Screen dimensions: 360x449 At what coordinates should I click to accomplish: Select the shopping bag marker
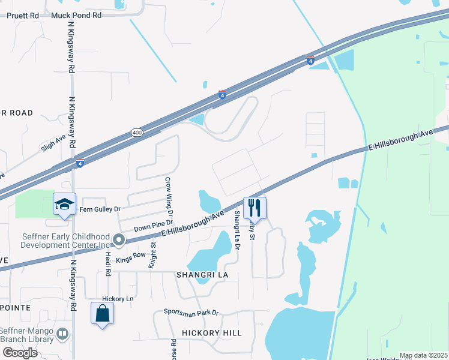[102, 313]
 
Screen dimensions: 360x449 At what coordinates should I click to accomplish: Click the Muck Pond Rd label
[76, 15]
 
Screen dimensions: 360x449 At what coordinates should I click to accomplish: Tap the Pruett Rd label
[22, 15]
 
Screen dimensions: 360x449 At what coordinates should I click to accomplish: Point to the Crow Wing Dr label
[169, 197]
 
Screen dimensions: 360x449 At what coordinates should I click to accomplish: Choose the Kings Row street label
[131, 256]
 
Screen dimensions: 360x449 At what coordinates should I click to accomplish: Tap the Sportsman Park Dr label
[191, 313]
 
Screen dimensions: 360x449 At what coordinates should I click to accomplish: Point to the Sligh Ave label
[53, 146]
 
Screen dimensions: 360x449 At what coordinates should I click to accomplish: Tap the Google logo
[20, 352]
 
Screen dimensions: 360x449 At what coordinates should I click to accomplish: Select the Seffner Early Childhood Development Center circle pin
[119, 241]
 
